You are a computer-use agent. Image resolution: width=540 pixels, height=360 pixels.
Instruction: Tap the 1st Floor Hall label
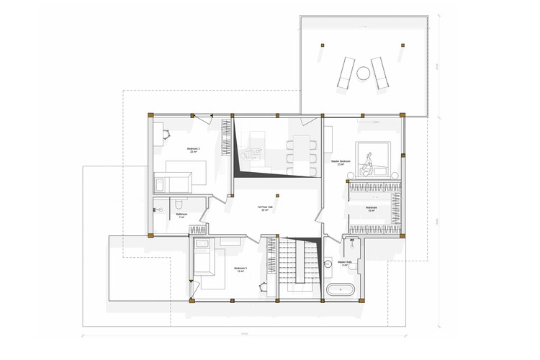pyautogui.click(x=267, y=208)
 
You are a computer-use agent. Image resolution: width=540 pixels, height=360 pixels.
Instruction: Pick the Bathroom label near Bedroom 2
pyautogui.click(x=181, y=215)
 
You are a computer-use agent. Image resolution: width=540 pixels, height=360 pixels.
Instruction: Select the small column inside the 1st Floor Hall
pyautogui.click(x=277, y=194)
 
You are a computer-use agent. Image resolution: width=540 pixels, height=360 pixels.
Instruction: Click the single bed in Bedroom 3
pyautogui.click(x=203, y=261)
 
